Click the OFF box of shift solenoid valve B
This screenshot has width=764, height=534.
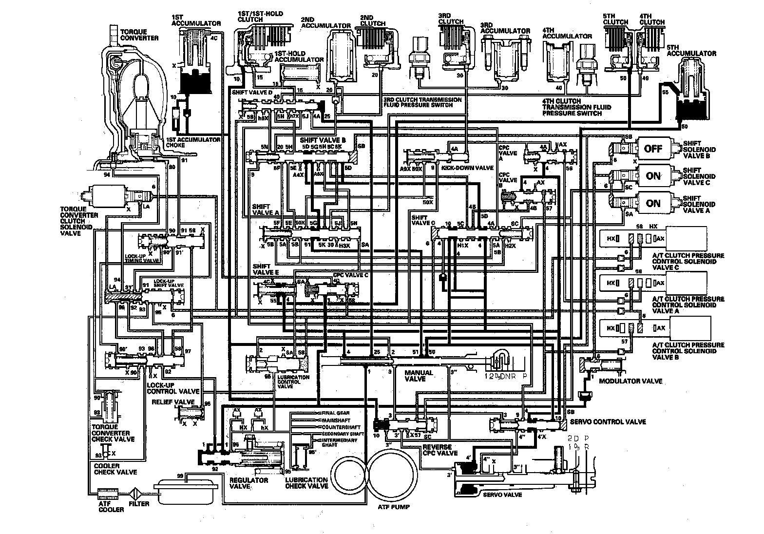coord(653,149)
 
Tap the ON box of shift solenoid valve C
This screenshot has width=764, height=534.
coord(653,176)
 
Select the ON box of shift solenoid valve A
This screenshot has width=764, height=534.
coord(653,203)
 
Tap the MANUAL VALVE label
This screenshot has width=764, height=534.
coord(419,376)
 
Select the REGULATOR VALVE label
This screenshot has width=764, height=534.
coord(248,483)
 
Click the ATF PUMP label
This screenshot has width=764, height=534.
coord(393,507)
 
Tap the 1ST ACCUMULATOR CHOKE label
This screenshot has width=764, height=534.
coord(193,142)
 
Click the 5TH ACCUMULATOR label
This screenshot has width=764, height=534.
coord(692,50)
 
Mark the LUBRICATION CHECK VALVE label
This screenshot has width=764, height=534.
coord(306,483)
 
